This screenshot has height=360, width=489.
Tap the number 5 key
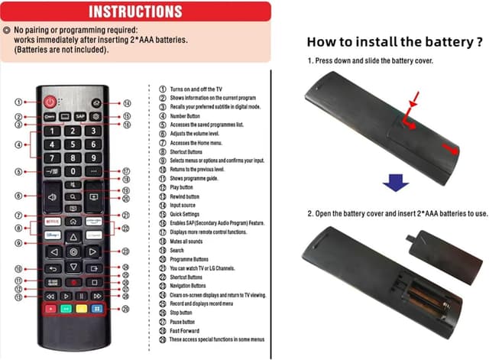[x=73, y=144]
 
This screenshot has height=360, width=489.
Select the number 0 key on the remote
[x=73, y=172]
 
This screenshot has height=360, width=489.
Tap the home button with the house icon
[x=73, y=219]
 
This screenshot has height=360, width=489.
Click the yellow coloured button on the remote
[x=83, y=310]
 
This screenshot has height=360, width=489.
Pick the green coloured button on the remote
[x=66, y=310]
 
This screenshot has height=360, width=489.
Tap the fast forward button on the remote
[x=97, y=295]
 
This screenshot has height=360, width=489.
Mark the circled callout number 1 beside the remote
[x=18, y=102]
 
